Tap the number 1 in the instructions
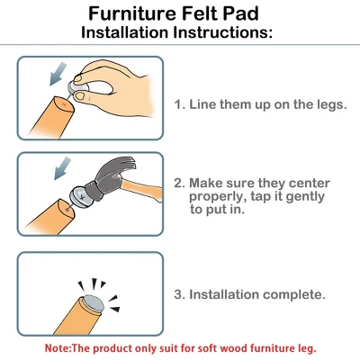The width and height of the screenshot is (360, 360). click(179, 104)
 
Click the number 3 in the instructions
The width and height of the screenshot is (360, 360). click(179, 294)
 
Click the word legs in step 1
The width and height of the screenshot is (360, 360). click(328, 104)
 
